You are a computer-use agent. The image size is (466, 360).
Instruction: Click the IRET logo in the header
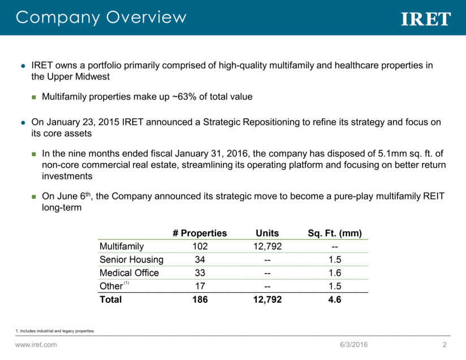(426, 19)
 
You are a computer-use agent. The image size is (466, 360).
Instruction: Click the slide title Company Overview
(101, 17)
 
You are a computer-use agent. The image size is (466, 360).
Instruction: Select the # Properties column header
(200, 233)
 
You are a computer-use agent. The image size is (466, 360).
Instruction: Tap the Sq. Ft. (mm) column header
(334, 233)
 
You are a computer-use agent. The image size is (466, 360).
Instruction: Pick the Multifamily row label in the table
(122, 246)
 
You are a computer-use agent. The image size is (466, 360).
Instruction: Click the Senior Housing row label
(131, 259)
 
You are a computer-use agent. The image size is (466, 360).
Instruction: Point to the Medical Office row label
(129, 273)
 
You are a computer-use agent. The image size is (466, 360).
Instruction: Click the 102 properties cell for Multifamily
(200, 246)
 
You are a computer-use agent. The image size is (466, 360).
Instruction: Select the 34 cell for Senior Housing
(200, 259)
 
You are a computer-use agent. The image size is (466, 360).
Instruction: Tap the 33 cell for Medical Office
(200, 273)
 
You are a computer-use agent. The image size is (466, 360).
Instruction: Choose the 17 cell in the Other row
(200, 286)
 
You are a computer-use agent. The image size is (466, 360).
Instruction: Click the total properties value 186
(200, 300)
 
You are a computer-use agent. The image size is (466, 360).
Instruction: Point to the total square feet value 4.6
(334, 300)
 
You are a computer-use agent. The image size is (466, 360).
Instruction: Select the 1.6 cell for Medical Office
(334, 273)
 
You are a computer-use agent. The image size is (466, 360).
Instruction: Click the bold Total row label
(110, 300)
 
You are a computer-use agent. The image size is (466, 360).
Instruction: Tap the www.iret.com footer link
(36, 345)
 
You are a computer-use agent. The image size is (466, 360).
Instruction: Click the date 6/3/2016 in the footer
(355, 345)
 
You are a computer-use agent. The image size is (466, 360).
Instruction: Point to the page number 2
(445, 345)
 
